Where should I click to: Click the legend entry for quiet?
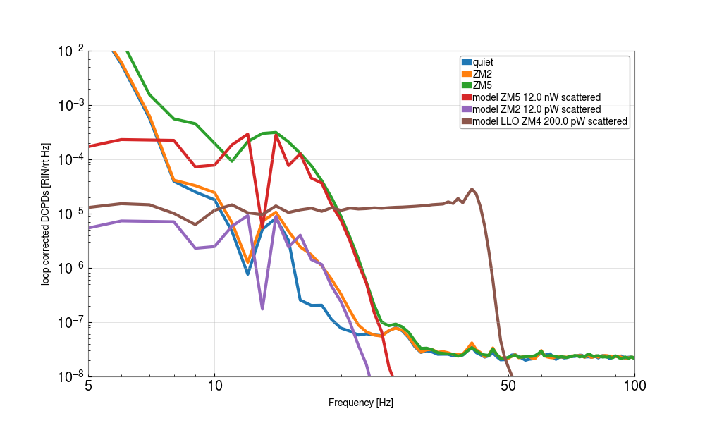click(483, 62)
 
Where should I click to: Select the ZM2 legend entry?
click(482, 73)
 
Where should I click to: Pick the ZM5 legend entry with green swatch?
click(482, 85)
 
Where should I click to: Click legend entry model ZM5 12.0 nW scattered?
click(536, 97)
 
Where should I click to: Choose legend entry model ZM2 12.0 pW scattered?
click(536, 109)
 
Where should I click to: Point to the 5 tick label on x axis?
click(88, 386)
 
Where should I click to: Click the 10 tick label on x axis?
click(215, 386)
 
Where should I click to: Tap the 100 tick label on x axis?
click(634, 386)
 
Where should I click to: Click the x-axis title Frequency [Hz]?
click(361, 403)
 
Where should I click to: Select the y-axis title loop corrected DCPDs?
click(46, 214)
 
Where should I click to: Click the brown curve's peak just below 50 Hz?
click(472, 189)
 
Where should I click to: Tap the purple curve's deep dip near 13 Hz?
click(262, 309)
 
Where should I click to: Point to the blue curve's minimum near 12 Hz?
click(248, 274)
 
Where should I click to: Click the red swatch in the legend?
click(466, 97)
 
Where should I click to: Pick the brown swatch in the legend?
click(466, 121)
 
